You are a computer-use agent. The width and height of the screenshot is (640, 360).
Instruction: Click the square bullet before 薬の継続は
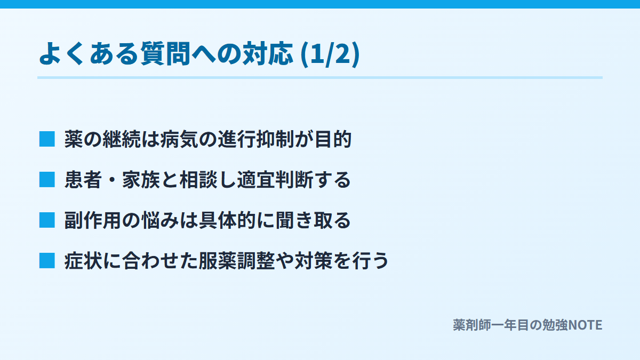(47, 139)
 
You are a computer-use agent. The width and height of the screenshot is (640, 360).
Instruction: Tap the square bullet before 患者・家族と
(47, 180)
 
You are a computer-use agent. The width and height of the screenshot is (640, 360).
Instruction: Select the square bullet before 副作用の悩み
(47, 220)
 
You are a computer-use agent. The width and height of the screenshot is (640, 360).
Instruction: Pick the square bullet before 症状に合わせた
(47, 261)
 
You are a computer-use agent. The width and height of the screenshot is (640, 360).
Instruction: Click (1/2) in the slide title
(330, 54)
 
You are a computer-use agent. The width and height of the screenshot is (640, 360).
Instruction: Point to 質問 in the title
(165, 54)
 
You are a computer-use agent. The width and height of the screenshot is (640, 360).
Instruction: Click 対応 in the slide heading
(268, 54)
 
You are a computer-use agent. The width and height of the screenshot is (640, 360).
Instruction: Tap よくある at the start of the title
(89, 54)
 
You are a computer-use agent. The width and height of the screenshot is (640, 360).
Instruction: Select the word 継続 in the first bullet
(122, 139)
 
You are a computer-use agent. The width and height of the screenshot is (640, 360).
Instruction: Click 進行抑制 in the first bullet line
(256, 139)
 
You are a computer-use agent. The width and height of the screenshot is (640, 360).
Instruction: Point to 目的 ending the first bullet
(333, 139)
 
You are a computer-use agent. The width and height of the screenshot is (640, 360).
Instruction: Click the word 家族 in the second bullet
(141, 180)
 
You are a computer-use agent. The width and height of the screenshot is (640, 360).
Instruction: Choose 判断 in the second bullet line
(294, 180)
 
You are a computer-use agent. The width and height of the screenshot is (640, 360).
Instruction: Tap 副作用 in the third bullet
(93, 220)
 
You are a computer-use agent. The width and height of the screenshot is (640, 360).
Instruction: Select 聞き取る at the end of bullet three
(314, 220)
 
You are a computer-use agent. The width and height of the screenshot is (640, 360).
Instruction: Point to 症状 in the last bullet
(83, 261)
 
